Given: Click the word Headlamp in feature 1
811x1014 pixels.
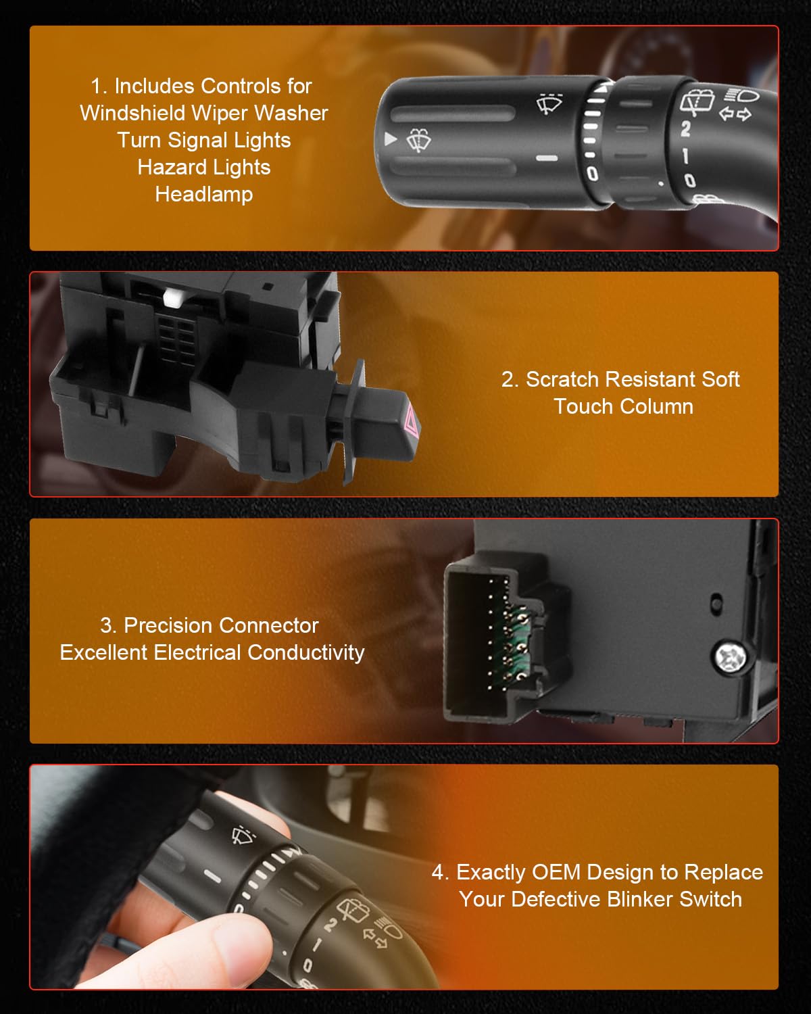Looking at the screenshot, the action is [204, 194].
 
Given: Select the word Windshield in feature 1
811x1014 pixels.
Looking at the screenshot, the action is [132, 114].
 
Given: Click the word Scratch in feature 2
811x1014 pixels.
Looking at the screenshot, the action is [562, 379].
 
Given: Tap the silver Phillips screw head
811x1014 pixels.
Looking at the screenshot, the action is [731, 656].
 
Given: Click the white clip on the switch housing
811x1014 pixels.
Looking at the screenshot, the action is [173, 299].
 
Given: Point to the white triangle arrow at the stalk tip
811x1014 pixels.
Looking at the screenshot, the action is [390, 139].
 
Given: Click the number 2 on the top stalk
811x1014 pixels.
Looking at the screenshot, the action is [686, 128].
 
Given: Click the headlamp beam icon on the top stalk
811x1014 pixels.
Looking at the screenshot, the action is [741, 95].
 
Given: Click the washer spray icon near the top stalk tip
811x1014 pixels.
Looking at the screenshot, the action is [418, 141].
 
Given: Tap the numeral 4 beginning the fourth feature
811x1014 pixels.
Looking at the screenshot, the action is [438, 873].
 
